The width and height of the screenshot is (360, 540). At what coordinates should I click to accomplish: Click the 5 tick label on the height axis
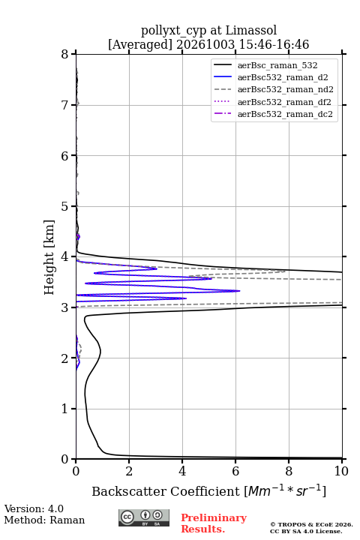click(65, 206)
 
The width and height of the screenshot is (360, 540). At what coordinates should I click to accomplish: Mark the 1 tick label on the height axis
click(65, 409)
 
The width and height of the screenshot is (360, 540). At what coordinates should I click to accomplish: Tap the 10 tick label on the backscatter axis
click(341, 471)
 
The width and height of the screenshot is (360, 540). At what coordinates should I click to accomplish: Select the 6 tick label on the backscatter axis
click(235, 471)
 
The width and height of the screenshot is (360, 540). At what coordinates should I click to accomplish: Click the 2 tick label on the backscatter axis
click(129, 471)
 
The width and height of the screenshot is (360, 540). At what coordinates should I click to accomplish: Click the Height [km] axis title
click(49, 257)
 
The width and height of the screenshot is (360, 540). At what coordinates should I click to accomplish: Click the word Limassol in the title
click(251, 30)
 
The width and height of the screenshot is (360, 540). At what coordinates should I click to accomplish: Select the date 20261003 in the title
click(205, 44)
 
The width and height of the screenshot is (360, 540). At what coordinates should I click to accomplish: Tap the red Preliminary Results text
click(214, 523)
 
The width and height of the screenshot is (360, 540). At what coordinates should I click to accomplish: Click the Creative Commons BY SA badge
click(144, 517)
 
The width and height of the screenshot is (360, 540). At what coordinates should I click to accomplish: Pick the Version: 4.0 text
click(34, 508)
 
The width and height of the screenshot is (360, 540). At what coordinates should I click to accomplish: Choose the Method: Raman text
click(44, 520)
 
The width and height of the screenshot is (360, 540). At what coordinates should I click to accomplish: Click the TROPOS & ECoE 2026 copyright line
click(312, 524)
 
